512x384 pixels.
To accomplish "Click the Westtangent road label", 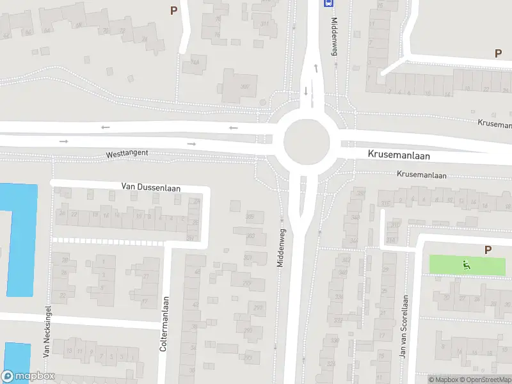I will coord(127,154).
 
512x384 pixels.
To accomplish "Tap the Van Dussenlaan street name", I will coord(151,187).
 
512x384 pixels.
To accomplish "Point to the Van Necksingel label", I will coord(47,331).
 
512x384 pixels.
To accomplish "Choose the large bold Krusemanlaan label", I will coord(399,156).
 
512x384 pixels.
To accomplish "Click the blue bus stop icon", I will coord(329,3).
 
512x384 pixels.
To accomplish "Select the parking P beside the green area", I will coord(488,250).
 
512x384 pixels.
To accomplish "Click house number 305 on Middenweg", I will coord(250,217).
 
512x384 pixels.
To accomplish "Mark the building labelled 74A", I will coord(193,63).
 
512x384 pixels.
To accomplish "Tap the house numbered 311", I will coord(265,24).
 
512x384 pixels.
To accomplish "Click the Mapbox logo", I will coord(28,376).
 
